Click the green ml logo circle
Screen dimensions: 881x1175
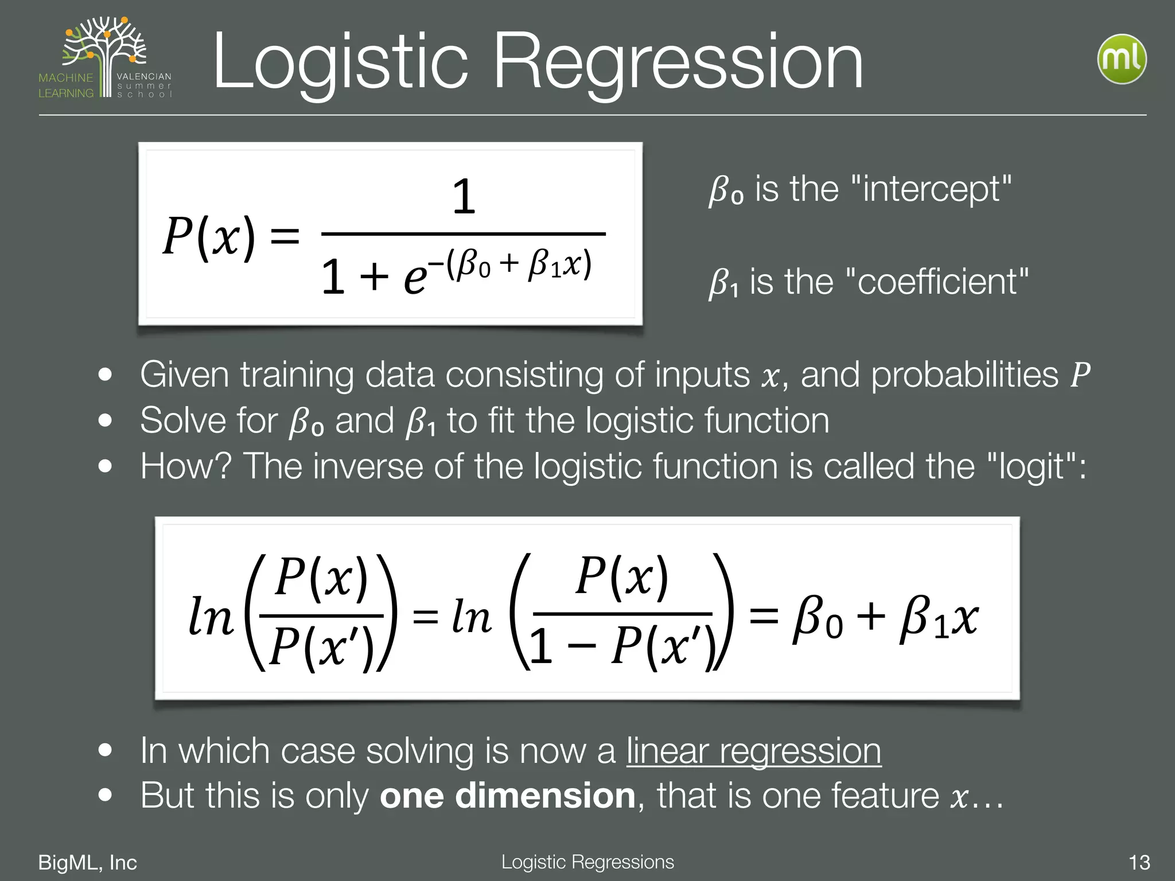click(x=1122, y=59)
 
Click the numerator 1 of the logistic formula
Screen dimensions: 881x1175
click(x=464, y=197)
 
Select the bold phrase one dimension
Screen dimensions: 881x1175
click(x=507, y=796)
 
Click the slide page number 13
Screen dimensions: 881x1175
click(x=1139, y=863)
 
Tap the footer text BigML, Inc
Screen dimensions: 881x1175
click(x=87, y=863)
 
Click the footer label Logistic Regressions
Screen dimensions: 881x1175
click(x=587, y=861)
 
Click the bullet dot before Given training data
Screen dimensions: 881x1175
click(x=105, y=375)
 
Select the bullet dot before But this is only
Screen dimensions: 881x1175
click(x=105, y=796)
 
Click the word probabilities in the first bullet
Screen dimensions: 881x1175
click(x=964, y=375)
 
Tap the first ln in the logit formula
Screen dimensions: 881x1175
click(x=211, y=617)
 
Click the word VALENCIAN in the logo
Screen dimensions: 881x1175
click(x=144, y=76)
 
